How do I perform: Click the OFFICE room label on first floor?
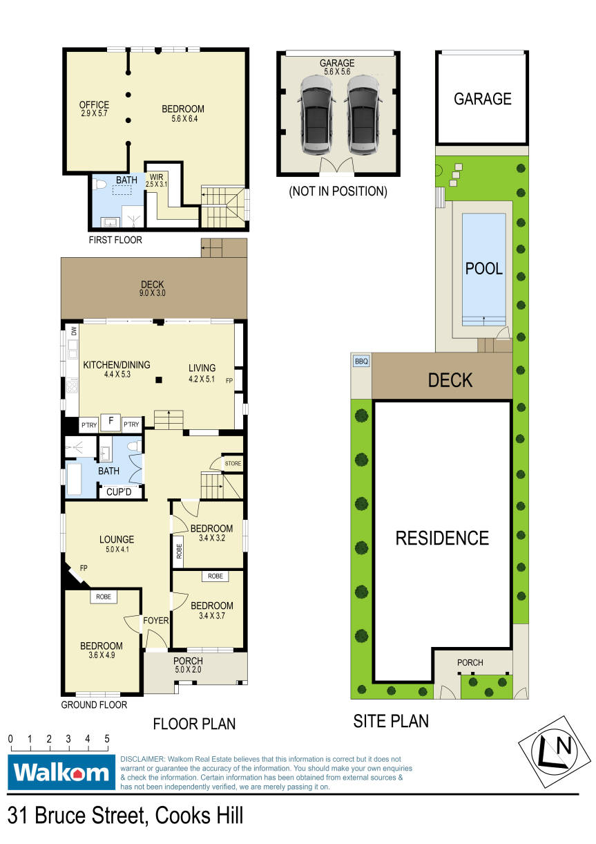coord(94,104)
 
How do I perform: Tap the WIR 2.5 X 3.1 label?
coord(156,180)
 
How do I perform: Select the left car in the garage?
coord(317,115)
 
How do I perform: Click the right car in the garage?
coord(363,115)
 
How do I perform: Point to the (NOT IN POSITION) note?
coord(338,191)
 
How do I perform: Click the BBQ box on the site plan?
coord(361,362)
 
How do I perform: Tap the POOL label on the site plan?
coord(484,269)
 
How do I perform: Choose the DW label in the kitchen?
coord(74,331)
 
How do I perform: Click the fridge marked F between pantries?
coord(111,421)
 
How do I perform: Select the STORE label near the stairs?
coord(233,463)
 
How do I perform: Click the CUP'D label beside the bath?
coord(119,492)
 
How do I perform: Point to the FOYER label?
coord(156,620)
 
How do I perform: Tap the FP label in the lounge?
coord(84,568)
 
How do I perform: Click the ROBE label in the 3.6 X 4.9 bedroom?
coord(104,597)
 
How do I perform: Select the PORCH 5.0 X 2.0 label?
coord(188,665)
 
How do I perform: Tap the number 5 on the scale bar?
coord(107,739)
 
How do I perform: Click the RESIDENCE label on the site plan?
coord(442,538)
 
